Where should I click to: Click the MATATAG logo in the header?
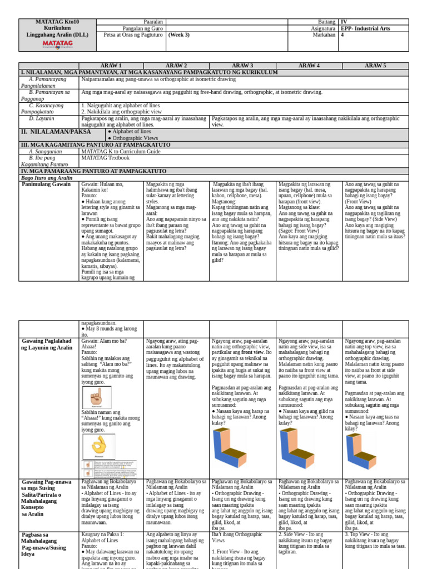coord(57,43)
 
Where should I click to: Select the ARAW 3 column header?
coord(242,66)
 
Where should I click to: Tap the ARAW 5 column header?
coord(375,66)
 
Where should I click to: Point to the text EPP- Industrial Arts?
coord(365,28)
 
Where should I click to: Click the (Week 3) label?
coord(179,34)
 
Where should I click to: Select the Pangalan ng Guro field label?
coord(143,28)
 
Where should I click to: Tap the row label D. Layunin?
coord(41,118)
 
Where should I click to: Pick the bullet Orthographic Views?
coord(136,138)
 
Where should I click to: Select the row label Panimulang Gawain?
coord(47,184)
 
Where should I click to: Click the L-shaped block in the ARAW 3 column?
coord(229,448)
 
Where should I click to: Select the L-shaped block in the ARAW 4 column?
coord(295,448)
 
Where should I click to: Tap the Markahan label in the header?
coord(324,34)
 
